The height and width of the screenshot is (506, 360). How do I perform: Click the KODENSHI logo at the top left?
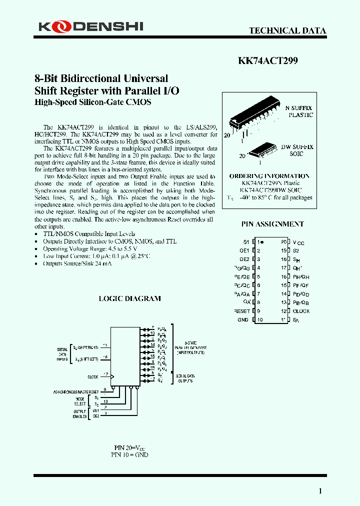pyautogui.click(x=90, y=26)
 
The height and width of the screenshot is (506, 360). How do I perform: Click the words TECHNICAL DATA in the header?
pyautogui.click(x=287, y=30)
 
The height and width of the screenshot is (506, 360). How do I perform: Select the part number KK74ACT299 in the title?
pyautogui.click(x=267, y=60)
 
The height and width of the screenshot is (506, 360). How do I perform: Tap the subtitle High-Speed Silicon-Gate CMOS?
pyautogui.click(x=92, y=102)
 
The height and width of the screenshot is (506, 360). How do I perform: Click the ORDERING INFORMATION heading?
pyautogui.click(x=269, y=176)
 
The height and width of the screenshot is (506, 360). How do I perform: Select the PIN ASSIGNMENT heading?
pyautogui.click(x=272, y=224)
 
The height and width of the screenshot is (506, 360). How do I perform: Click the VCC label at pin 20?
pyautogui.click(x=298, y=242)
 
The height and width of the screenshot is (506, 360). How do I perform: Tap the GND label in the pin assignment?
pyautogui.click(x=243, y=319)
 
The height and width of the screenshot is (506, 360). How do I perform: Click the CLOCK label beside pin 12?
pyautogui.click(x=301, y=311)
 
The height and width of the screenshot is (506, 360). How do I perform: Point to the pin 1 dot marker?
pyautogui.click(x=262, y=241)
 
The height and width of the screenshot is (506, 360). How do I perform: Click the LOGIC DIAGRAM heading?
pyautogui.click(x=129, y=298)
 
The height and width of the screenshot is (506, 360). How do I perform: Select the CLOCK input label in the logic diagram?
pyautogui.click(x=92, y=376)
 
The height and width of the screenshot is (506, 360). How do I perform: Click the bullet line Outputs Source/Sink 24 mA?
pyautogui.click(x=77, y=263)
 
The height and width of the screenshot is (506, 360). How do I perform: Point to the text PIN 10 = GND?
pyautogui.click(x=129, y=455)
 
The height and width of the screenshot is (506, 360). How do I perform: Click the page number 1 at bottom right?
pyautogui.click(x=320, y=491)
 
